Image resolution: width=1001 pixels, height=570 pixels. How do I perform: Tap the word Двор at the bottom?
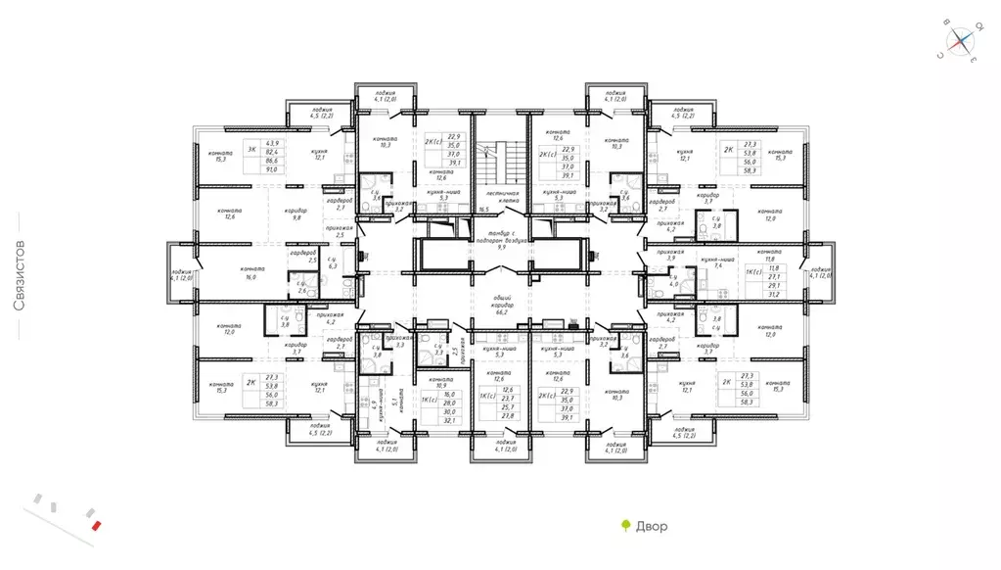click(651, 527)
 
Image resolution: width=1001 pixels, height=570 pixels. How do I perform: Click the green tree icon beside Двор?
click(625, 526)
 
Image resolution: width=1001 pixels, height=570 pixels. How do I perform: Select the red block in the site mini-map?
click(95, 526)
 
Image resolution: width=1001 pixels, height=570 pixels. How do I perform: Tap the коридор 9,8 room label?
click(296, 214)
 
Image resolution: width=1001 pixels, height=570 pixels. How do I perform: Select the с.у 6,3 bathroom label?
click(333, 262)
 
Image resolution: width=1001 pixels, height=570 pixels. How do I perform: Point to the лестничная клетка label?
click(499, 201)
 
